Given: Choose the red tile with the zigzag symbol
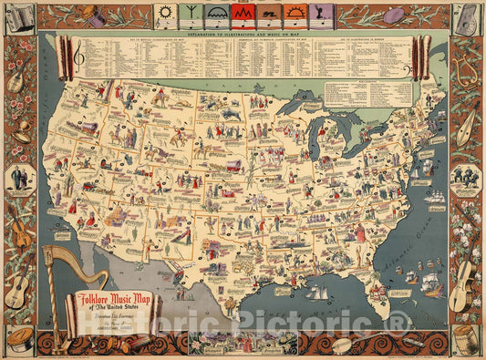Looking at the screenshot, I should coord(243,14).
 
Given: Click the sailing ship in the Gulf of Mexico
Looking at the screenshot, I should coord(318,293).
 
